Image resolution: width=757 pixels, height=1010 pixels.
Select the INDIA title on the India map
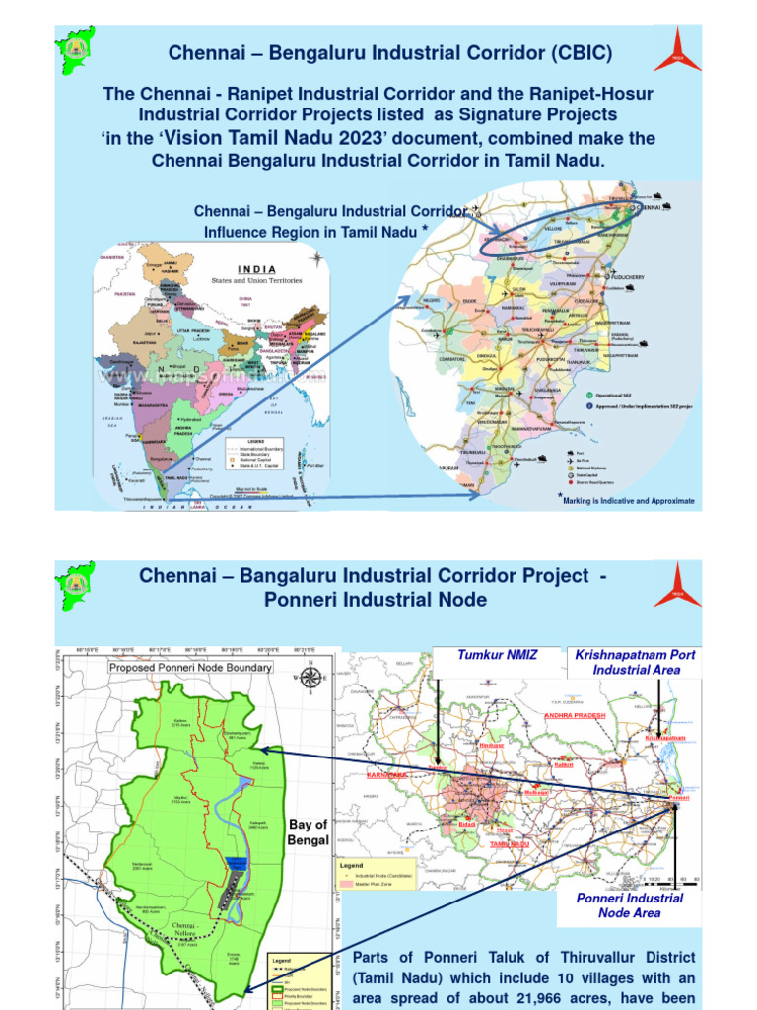256,269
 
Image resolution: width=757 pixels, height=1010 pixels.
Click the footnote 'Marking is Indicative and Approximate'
628,501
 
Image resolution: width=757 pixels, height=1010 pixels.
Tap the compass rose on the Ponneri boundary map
310,677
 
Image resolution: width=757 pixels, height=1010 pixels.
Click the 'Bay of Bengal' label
308,831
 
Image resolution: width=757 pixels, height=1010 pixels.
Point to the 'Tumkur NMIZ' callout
497,655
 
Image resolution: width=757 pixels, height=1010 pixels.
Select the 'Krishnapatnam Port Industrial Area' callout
631,662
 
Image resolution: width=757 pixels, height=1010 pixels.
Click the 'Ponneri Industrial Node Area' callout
629,905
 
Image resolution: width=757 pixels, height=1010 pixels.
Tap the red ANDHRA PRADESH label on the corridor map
581,713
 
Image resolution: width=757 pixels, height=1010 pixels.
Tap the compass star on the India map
316,258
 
